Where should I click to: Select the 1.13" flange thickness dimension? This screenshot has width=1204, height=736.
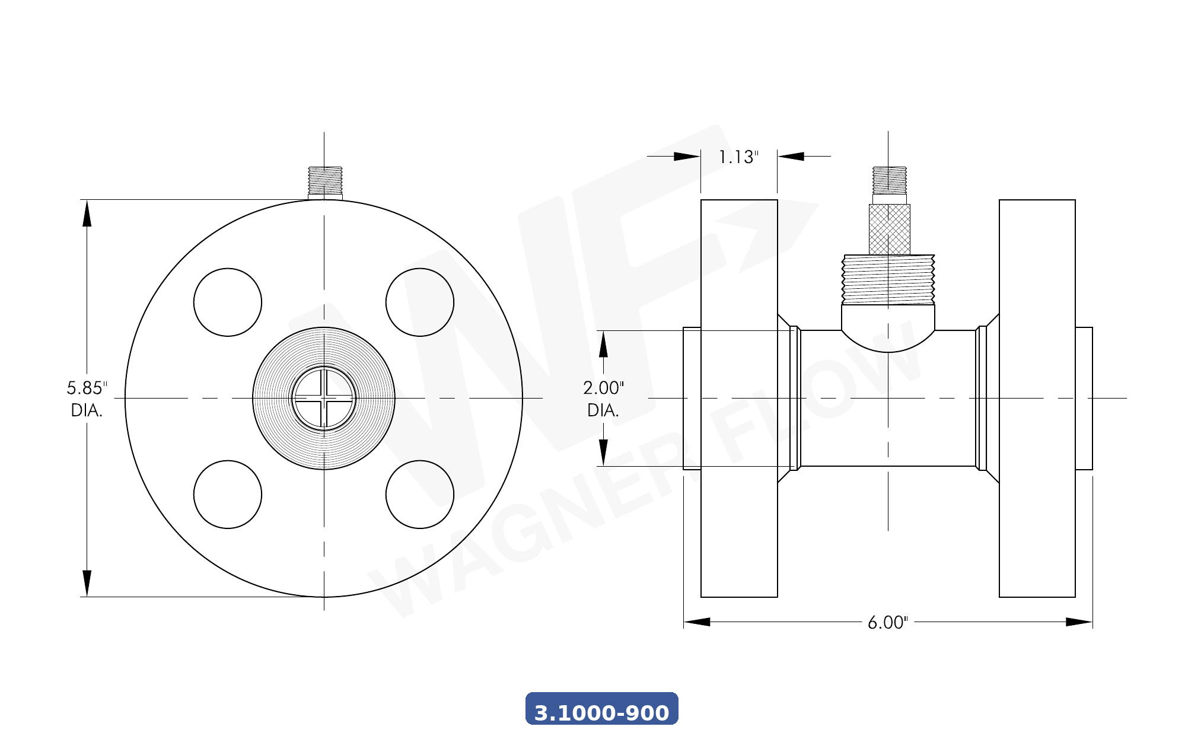(738, 157)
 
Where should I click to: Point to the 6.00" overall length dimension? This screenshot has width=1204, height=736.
(887, 622)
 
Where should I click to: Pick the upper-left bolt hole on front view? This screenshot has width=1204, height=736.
(228, 302)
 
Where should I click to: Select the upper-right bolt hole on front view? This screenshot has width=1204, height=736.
(420, 302)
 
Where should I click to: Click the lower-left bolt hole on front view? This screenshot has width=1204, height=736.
(228, 495)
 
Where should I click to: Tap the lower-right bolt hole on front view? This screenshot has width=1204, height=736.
(420, 495)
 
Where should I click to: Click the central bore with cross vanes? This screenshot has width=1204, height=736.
(324, 398)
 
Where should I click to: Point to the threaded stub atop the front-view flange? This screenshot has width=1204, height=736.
(325, 180)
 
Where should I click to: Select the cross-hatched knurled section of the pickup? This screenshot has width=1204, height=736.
(889, 230)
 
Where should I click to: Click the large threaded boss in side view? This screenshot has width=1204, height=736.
(888, 279)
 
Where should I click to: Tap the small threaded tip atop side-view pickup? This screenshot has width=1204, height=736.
(889, 180)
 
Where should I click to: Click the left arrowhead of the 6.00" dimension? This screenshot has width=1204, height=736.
(697, 622)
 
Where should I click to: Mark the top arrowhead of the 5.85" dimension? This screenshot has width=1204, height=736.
(87, 214)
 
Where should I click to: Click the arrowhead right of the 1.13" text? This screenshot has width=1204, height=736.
(791, 157)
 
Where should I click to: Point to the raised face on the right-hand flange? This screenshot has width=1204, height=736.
(1084, 398)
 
